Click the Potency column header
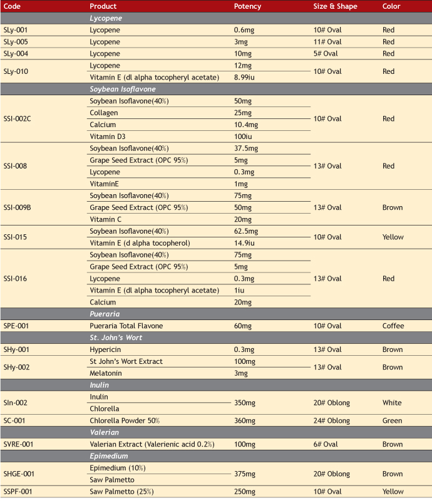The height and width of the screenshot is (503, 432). click(x=247, y=6)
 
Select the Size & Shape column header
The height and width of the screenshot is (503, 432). click(x=335, y=6)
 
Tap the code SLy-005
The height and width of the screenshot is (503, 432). click(x=16, y=42)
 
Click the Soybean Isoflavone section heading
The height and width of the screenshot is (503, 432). click(x=122, y=89)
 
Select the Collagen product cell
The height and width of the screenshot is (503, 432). click(x=104, y=113)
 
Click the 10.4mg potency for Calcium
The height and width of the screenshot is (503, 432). click(x=246, y=125)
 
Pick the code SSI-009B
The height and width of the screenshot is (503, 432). click(x=18, y=207)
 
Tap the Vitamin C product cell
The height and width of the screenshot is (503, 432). click(x=106, y=219)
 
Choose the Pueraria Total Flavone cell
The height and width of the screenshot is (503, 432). click(x=126, y=326)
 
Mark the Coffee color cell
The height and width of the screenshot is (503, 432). click(x=393, y=326)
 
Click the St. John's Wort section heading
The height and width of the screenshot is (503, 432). click(x=116, y=338)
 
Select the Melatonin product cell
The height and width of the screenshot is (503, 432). click(x=106, y=373)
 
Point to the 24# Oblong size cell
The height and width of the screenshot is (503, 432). click(x=332, y=421)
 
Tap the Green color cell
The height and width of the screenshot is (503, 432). click(x=392, y=421)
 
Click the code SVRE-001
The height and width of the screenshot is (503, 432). click(x=18, y=444)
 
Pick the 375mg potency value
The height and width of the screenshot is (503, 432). click(x=244, y=474)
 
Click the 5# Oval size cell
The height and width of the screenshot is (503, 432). click(x=326, y=54)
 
